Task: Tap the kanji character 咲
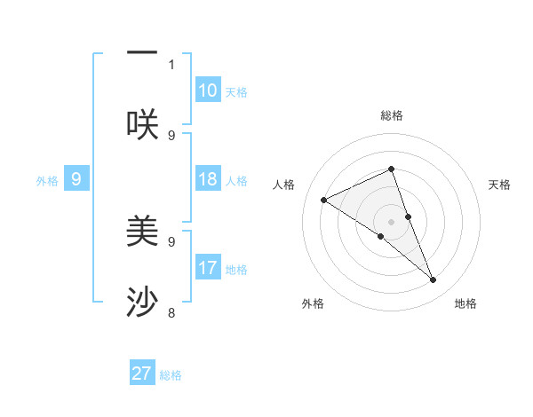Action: point(142,124)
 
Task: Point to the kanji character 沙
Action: point(142,303)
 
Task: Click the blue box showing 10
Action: point(208,90)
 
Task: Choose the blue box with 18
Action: point(208,179)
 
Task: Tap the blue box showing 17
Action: point(208,267)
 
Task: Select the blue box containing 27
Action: point(142,374)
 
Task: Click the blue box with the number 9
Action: point(76,179)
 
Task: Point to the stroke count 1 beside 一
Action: point(171,64)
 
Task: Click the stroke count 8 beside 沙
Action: point(171,312)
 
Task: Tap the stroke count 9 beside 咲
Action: point(171,135)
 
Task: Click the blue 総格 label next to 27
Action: point(171,375)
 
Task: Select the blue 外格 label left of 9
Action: point(47,181)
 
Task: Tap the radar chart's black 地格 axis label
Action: point(465,303)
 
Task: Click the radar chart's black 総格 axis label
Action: point(391,115)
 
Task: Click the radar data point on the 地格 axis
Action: point(434,280)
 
